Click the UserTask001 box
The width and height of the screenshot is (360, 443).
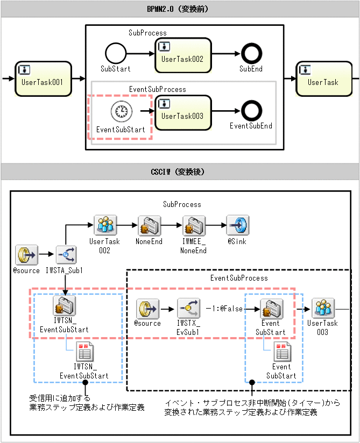[x=43, y=78]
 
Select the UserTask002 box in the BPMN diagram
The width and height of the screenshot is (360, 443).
[x=182, y=55]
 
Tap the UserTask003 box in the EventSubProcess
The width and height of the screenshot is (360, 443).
[x=182, y=111]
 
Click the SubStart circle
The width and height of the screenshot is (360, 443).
[x=115, y=54]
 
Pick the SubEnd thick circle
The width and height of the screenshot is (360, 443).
[x=251, y=54]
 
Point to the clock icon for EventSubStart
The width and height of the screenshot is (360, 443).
[x=121, y=112]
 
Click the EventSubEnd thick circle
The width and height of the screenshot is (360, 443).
[x=251, y=111]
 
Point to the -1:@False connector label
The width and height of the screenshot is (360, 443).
[x=224, y=309]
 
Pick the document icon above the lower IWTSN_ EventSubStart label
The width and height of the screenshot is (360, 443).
[x=84, y=352]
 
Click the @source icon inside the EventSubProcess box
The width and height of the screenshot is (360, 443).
[x=147, y=309]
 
